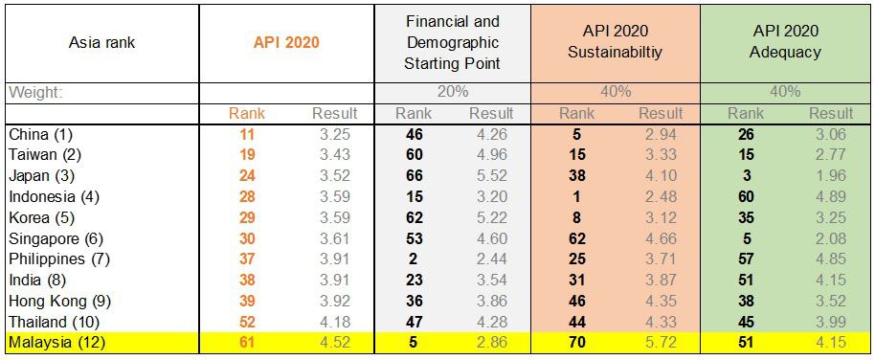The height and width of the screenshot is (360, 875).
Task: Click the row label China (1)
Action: pos(41,134)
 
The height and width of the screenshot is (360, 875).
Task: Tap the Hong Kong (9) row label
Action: pos(60,301)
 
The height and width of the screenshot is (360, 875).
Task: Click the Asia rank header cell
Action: pos(101,42)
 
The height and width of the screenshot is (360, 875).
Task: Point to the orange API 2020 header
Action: pos(286,42)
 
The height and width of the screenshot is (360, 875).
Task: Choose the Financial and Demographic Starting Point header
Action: pos(452,42)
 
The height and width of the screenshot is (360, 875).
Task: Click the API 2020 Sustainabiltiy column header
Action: pos(615,42)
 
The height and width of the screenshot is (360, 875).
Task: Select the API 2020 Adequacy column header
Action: pos(785,42)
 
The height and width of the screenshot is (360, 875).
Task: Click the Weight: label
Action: pos(35,92)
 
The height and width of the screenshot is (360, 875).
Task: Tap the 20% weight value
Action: pos(452,92)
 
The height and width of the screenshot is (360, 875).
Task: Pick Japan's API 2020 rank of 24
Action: pos(247,176)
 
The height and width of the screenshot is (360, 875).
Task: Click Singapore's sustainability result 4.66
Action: pos(661,238)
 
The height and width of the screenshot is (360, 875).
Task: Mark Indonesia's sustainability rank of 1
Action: pos(577,196)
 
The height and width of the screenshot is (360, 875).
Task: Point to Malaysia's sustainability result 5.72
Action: pos(661,342)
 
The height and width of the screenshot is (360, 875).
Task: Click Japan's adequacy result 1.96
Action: pos(831,176)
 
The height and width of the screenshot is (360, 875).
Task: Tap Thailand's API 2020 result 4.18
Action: pos(334,322)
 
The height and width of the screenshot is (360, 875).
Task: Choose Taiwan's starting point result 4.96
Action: pos(492,155)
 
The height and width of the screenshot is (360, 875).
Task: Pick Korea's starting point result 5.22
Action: pos(492,217)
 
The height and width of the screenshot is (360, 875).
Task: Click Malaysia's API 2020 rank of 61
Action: pos(247,342)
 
